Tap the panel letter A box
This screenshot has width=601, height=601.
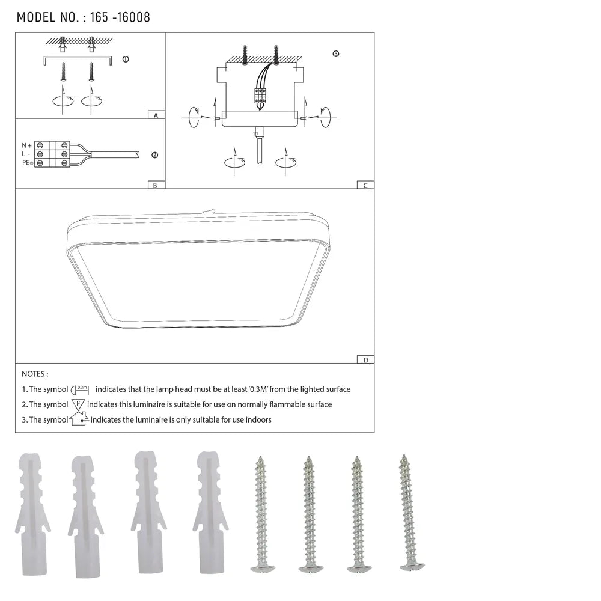tap(156, 114)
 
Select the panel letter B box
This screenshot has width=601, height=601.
tap(155, 185)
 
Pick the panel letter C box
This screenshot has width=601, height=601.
tap(365, 185)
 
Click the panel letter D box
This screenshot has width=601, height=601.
tap(365, 359)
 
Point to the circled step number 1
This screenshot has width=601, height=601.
tap(125, 59)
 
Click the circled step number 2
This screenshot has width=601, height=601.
tap(154, 155)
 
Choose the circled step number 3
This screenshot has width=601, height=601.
tap(335, 54)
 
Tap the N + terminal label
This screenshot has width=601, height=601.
tap(27, 145)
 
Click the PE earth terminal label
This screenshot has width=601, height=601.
tap(27, 163)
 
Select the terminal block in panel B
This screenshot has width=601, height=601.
tap(52, 154)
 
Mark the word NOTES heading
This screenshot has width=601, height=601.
tap(35, 374)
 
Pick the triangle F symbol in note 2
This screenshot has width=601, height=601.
tap(78, 404)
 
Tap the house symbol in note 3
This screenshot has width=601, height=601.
tap(79, 419)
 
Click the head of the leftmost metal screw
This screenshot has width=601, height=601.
tap(261, 567)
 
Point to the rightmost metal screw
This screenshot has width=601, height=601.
tap(411, 511)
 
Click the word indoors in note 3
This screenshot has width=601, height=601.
tap(257, 419)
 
